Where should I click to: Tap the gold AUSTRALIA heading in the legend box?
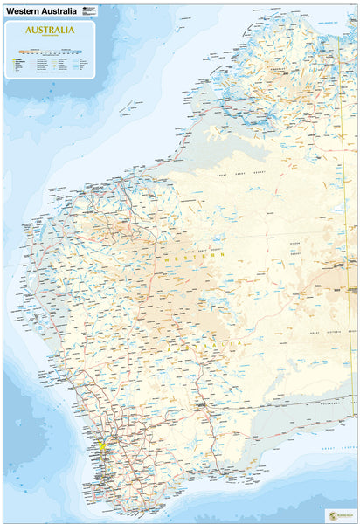click(x=50, y=29)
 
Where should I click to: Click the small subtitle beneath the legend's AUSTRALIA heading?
click(x=50, y=36)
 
